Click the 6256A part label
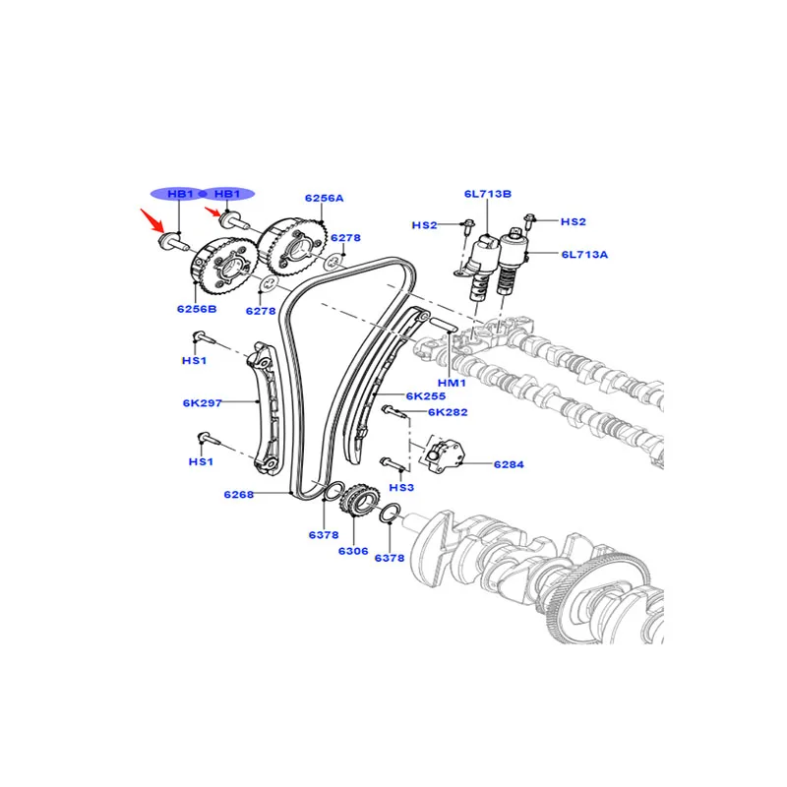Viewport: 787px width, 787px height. click(325, 199)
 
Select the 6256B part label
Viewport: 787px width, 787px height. click(197, 309)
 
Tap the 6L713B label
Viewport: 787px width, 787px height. click(487, 194)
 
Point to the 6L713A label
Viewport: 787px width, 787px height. click(584, 255)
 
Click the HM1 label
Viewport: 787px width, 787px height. click(452, 383)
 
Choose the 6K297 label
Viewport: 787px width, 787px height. click(203, 402)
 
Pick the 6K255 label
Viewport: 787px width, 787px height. click(426, 396)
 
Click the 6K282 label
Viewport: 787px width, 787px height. click(448, 412)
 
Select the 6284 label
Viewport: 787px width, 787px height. click(509, 464)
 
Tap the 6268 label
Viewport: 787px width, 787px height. click(239, 495)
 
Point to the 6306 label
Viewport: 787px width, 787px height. click(353, 551)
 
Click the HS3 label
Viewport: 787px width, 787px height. click(401, 487)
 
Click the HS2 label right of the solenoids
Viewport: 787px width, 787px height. click(574, 221)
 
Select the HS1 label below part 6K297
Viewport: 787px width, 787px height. click(201, 461)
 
